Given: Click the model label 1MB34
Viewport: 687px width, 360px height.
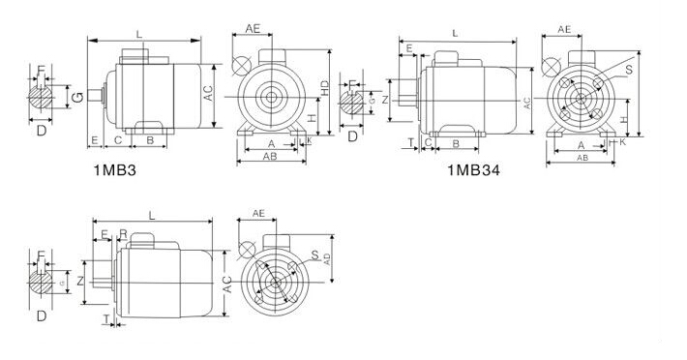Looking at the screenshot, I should coord(473,171).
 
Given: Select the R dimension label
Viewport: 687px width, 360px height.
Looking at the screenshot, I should coord(123,233).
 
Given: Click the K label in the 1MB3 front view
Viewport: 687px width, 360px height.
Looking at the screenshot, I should coord(309,141).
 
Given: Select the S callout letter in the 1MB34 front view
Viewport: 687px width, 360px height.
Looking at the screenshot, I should coord(630,71).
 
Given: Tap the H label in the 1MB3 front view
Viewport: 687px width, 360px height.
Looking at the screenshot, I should coord(312,116).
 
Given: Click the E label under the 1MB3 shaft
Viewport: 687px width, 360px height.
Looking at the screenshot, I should coord(93,141).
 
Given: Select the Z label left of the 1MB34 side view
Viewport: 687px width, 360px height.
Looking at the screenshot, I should coord(385,99).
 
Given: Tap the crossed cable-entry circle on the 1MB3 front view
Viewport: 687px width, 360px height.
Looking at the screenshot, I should coord(240,64).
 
